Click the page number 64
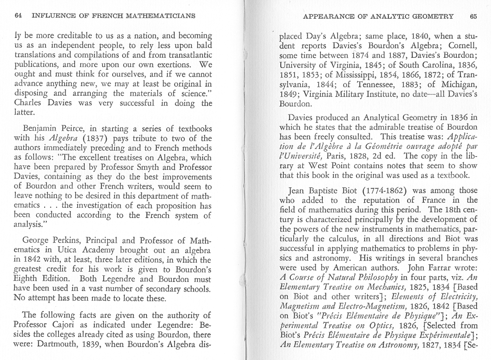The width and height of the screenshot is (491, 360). pyautogui.click(x=18, y=16)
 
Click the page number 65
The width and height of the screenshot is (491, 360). pyautogui.click(x=473, y=16)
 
